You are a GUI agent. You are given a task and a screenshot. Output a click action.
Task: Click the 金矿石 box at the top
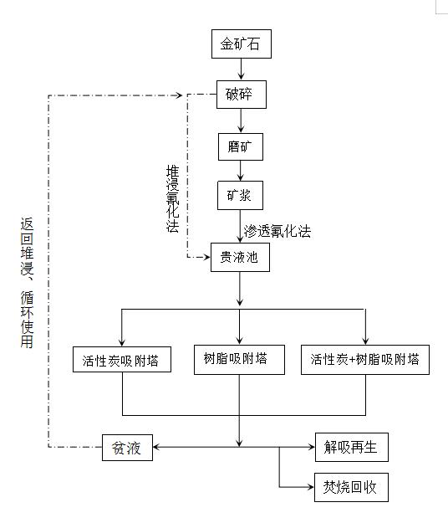240,45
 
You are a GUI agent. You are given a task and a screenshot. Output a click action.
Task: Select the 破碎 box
240,94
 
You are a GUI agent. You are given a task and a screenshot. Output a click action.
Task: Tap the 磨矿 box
240,146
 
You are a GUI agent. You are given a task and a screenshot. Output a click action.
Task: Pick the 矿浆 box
240,196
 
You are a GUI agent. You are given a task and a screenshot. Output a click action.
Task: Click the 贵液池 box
240,258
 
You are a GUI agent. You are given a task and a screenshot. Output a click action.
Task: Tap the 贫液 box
127,447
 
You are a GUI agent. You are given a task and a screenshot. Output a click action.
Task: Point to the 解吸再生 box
351,447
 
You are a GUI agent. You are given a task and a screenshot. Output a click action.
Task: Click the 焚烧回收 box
351,487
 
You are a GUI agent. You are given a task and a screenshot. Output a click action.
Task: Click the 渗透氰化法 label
277,232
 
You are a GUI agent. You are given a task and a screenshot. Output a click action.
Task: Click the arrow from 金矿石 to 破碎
241,69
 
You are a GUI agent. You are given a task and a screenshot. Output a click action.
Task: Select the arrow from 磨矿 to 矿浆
241,172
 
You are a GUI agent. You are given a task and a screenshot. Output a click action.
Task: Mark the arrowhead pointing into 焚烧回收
309,487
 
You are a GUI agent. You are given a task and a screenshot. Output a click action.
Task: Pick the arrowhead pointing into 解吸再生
309,447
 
